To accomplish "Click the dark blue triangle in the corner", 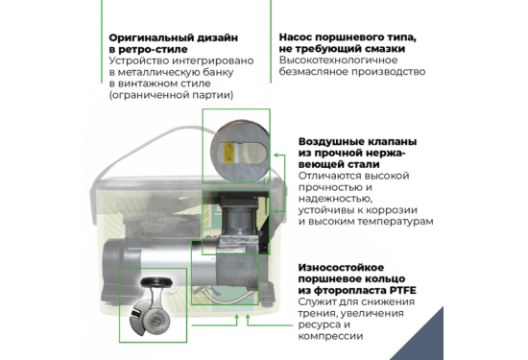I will click(508, 340).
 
